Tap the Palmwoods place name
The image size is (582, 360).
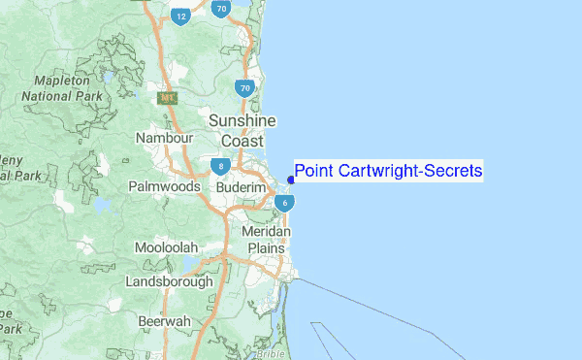point(164,185)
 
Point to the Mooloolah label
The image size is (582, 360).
point(169,247)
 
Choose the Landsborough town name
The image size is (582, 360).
point(169,281)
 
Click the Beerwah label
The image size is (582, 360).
point(164,319)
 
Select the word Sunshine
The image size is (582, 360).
point(242,120)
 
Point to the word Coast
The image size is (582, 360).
point(229,140)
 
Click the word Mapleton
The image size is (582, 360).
point(61,81)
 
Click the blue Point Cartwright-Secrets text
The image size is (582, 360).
point(388,172)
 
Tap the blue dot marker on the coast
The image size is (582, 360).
point(291,180)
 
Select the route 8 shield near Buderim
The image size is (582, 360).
point(222,167)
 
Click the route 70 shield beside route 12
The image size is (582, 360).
point(222,10)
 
